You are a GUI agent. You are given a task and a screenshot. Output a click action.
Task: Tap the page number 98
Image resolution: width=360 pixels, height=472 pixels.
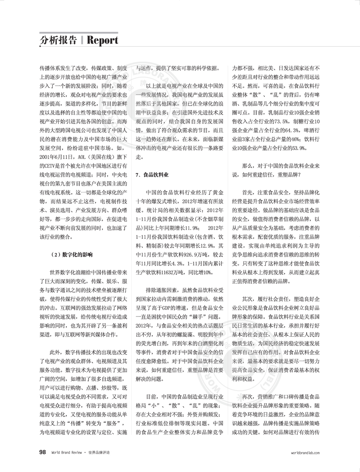pyautogui.click(x=42, y=452)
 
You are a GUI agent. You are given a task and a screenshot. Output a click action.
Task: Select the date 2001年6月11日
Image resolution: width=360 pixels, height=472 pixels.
pyautogui.click(x=55, y=157)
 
